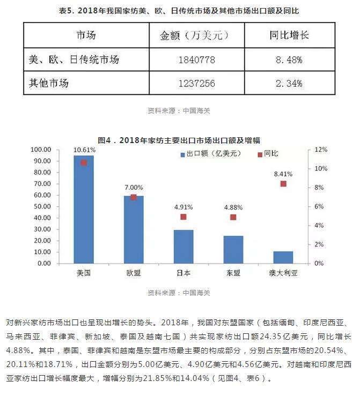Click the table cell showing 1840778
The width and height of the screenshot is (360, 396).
click(x=195, y=60)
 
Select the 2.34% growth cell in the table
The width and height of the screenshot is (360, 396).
click(x=289, y=83)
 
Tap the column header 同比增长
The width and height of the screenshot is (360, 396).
click(x=289, y=36)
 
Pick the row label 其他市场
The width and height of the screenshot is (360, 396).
click(x=49, y=83)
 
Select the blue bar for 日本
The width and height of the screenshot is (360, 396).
click(x=183, y=246)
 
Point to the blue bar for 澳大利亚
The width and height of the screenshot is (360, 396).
click(x=283, y=257)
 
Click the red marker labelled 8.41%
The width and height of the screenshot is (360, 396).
click(x=283, y=184)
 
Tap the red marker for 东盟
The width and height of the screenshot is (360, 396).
click(x=233, y=217)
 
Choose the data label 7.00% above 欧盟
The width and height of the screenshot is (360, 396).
click(x=134, y=188)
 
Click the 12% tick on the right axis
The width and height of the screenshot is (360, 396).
click(x=321, y=150)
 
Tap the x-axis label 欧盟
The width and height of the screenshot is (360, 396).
click(x=134, y=272)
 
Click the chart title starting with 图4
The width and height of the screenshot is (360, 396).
click(x=180, y=140)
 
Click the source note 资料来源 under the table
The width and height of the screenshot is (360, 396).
click(x=179, y=111)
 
